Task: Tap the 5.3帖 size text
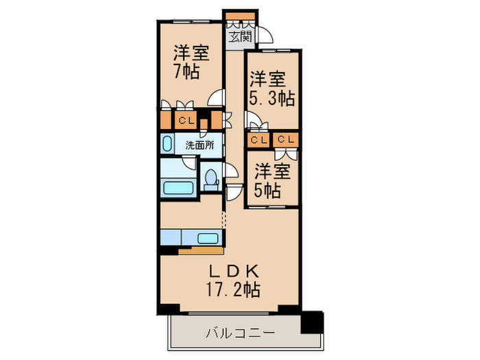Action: pos(272,98)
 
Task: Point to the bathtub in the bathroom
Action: pos(178,188)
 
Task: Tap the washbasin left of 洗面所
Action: pos(168,145)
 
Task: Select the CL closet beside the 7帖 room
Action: pos(185,121)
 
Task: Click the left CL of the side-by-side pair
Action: pos(259,140)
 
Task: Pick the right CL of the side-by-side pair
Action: pos(287,140)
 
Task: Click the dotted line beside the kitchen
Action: pos(224,219)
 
